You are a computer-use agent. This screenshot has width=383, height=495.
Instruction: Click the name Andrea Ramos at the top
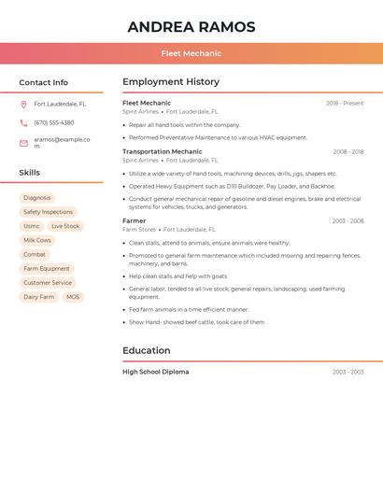pyautogui.click(x=191, y=26)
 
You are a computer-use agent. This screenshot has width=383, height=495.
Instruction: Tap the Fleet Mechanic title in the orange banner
pyautogui.click(x=191, y=54)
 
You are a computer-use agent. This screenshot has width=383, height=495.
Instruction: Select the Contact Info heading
pyautogui.click(x=44, y=82)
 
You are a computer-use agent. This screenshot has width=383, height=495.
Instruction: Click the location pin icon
pyautogui.click(x=23, y=105)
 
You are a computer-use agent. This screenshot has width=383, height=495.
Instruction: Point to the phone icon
pyautogui.click(x=23, y=122)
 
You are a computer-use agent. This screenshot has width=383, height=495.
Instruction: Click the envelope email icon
pyautogui.click(x=23, y=143)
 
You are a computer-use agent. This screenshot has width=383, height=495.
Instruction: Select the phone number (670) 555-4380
pyautogui.click(x=53, y=122)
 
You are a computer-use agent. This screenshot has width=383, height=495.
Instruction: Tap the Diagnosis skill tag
pyautogui.click(x=37, y=198)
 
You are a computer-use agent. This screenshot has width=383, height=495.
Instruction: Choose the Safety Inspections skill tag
pyautogui.click(x=48, y=212)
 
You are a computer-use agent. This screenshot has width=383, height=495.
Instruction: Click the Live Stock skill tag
pyautogui.click(x=65, y=226)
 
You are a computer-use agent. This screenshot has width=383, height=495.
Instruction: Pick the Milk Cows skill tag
pyautogui.click(x=37, y=240)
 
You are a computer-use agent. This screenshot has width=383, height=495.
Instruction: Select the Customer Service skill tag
pyautogui.click(x=48, y=283)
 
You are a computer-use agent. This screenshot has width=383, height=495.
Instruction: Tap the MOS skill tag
pyautogui.click(x=73, y=297)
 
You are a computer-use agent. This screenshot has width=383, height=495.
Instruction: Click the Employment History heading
pyautogui.click(x=171, y=82)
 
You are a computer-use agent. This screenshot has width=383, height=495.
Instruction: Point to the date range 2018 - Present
pyautogui.click(x=345, y=103)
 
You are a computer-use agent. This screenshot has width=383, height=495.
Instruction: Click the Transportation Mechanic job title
pyautogui.click(x=162, y=151)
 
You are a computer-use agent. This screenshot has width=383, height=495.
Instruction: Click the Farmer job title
pyautogui.click(x=134, y=220)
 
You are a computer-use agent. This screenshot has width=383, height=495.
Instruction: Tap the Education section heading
pyautogui.click(x=147, y=350)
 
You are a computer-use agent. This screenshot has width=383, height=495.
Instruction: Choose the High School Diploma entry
pyautogui.click(x=155, y=372)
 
